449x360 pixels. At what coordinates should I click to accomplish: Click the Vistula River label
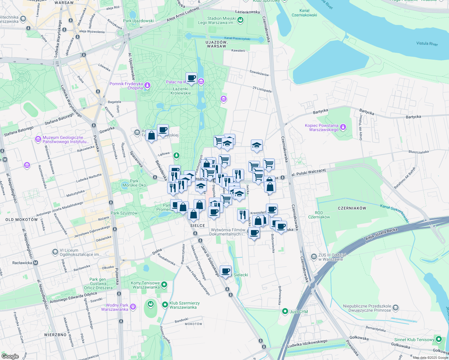pyautogui.click(x=427, y=43)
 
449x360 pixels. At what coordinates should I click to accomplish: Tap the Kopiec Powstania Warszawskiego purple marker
pyautogui.click(x=343, y=127)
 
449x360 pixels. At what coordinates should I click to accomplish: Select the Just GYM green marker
pyautogui.click(x=285, y=312)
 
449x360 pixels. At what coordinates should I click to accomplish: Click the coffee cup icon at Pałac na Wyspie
pyautogui.click(x=191, y=78)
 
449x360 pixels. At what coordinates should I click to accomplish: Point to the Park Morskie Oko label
pyautogui.click(x=134, y=183)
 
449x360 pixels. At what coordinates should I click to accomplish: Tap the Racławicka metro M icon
pyautogui.click(x=35, y=263)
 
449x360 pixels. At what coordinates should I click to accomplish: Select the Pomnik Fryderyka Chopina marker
pyautogui.click(x=147, y=85)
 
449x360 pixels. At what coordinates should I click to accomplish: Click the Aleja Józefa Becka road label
pyautogui.click(x=381, y=234)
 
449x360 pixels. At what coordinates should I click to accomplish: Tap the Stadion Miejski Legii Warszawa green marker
pyautogui.click(x=240, y=20)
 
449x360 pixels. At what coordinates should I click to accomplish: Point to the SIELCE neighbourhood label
pyautogui.click(x=197, y=226)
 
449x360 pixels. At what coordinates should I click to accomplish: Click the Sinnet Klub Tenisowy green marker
pyautogui.click(x=439, y=340)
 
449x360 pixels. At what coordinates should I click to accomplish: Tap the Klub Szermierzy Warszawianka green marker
pyautogui.click(x=165, y=305)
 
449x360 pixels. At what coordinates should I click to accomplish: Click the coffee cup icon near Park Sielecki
pyautogui.click(x=225, y=271)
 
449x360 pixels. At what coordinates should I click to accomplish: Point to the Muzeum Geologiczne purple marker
pyautogui.click(x=38, y=139)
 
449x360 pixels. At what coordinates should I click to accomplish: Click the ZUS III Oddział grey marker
pyautogui.click(x=314, y=257)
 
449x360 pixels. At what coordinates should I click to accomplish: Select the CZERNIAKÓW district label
pyautogui.click(x=352, y=208)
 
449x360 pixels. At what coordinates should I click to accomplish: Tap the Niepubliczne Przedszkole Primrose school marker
pyautogui.click(x=396, y=308)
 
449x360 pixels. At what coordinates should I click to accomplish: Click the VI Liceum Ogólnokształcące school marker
pyautogui.click(x=55, y=252)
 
